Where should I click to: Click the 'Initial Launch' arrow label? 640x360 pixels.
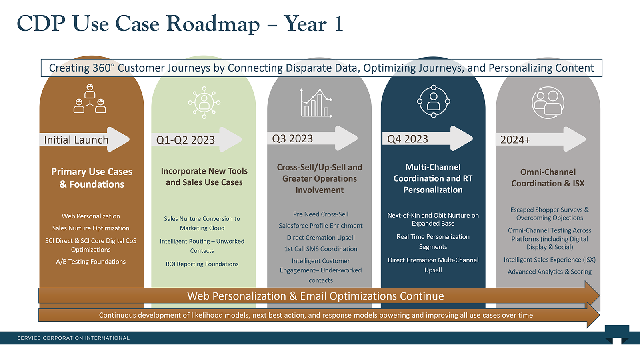(76, 140)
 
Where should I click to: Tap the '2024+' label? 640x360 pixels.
(515, 140)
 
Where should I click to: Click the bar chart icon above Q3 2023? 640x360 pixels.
(316, 103)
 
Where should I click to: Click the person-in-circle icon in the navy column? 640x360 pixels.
(434, 102)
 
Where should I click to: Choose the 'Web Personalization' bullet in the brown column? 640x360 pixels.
(91, 216)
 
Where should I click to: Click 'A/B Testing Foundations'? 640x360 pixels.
(91, 262)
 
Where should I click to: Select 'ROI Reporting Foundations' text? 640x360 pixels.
(202, 264)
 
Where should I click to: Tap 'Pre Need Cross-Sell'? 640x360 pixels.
(320, 214)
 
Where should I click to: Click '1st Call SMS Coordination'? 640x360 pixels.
(320, 249)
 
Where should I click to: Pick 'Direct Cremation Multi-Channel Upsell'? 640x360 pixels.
(433, 264)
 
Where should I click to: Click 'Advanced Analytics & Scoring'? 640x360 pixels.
(549, 272)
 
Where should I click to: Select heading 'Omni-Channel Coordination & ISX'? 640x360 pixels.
(548, 178)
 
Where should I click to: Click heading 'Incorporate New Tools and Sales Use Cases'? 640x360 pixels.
(204, 176)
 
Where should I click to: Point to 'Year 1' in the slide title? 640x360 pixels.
(314, 24)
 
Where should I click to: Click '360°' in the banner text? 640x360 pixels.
(104, 68)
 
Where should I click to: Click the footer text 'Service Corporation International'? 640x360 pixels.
(74, 338)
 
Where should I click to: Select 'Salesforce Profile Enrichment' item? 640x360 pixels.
(320, 226)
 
